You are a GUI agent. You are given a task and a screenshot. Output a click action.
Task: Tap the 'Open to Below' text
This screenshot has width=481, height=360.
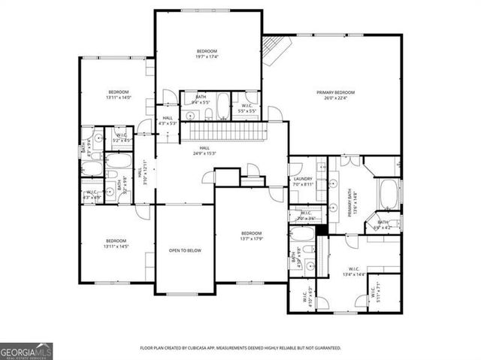pyautogui.click(x=184, y=250)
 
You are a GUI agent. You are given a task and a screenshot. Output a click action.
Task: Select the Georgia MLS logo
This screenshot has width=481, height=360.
pyautogui.click(x=26, y=349)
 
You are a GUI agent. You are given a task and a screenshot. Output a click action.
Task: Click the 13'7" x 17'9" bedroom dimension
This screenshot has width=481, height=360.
pyautogui.click(x=251, y=239)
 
